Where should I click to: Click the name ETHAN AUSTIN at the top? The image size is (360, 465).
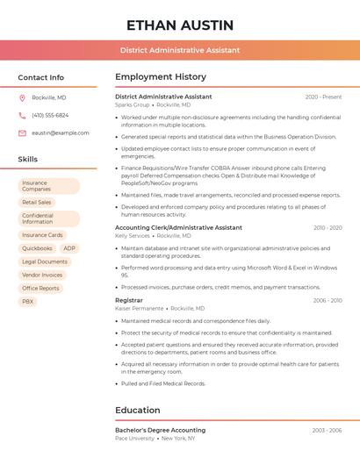click(179, 25)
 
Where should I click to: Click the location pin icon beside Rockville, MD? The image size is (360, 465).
click(22, 97)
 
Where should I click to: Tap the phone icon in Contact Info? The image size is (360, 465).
click(22, 115)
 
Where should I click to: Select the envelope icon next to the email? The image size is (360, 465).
click(22, 132)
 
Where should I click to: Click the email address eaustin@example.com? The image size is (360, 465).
click(61, 132)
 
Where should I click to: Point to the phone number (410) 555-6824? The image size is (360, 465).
click(50, 115)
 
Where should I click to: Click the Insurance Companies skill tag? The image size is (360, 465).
click(49, 186)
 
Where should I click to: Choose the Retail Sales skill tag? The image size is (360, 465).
click(37, 202)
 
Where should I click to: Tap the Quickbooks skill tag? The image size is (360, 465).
click(37, 248)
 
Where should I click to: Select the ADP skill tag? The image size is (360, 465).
click(69, 248)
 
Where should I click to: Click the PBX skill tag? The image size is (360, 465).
click(28, 301)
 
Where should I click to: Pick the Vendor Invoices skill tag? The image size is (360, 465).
click(42, 275)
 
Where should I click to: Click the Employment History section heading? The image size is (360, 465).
click(161, 77)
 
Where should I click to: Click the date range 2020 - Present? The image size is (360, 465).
click(323, 97)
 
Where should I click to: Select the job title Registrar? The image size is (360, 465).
click(128, 300)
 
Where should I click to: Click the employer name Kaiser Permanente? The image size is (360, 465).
click(139, 309)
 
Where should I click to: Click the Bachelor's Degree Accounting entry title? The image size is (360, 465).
click(161, 430)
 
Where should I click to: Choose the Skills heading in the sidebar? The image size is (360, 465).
click(27, 159)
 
